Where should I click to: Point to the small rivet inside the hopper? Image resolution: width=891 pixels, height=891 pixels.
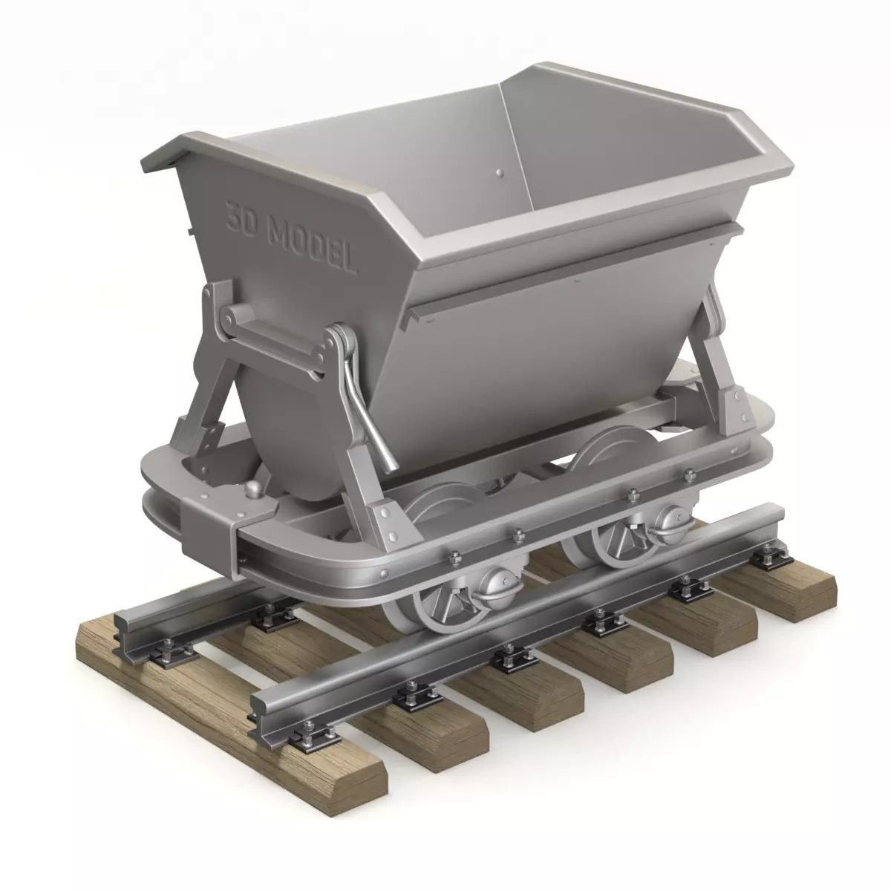[498, 172]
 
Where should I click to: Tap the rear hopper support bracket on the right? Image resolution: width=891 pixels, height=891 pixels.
[724, 356]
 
